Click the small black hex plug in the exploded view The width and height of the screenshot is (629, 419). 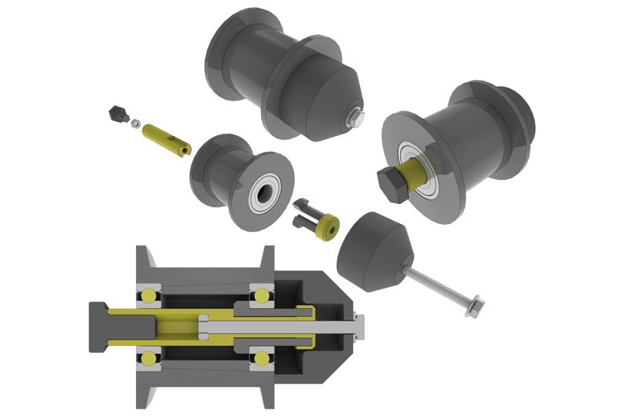coord(118,114)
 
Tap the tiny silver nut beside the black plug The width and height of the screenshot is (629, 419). coord(136,123)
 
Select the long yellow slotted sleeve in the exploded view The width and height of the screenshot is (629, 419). coord(165,137)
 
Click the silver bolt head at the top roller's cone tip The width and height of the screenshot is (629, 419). coord(357,119)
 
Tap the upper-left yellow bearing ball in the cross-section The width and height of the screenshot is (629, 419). coord(147,296)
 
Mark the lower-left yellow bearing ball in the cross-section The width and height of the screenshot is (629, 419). coord(147,358)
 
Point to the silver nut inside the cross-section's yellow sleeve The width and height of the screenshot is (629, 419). coord(203,327)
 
